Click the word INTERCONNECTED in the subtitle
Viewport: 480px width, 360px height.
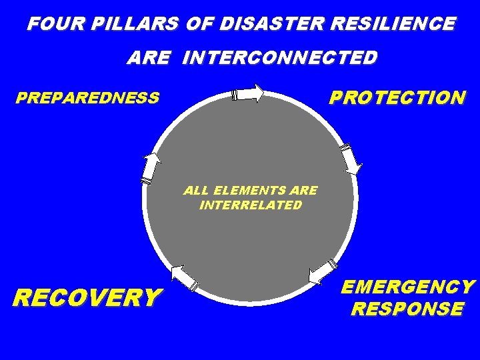279,58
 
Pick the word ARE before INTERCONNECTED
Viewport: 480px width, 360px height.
149,58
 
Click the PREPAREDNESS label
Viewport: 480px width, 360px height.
87,99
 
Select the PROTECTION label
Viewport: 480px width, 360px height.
397,98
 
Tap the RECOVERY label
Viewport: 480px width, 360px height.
87,297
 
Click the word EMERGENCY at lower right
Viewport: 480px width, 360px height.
408,287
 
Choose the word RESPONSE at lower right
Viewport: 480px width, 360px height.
407,309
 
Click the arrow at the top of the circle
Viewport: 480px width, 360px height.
248,94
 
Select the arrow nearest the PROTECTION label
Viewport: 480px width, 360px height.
351,158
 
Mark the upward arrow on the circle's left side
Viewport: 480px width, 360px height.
151,167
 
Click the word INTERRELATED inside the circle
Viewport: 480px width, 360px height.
251,205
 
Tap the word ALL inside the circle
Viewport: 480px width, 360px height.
196,191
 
